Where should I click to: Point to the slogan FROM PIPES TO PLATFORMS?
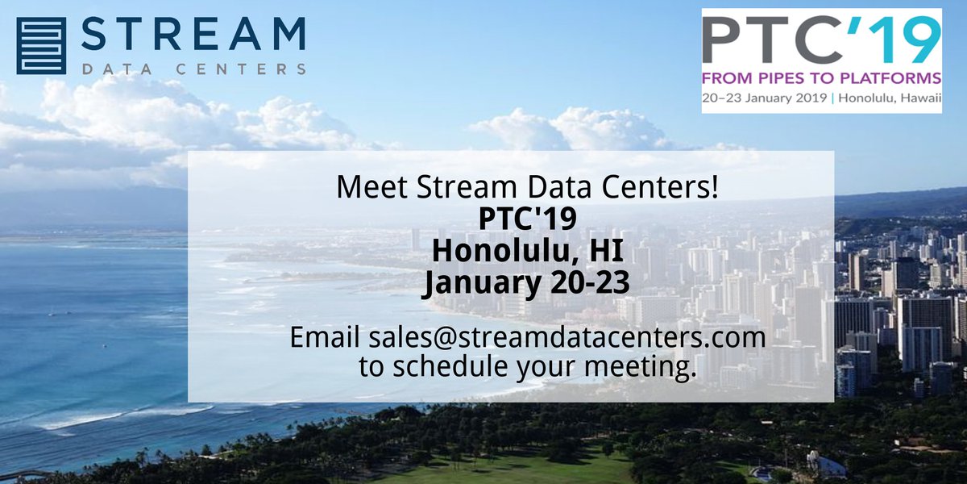[822, 78]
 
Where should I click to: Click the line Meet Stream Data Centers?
[528, 188]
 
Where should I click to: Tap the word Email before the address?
[326, 336]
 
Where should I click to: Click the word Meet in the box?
[368, 188]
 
